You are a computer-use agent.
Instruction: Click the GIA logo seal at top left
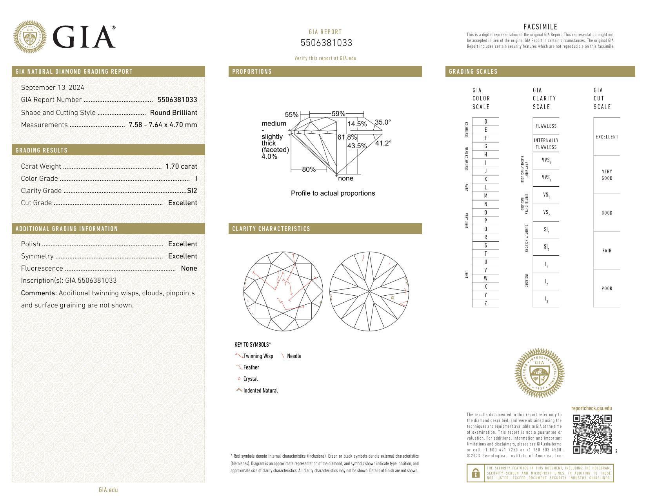(30, 37)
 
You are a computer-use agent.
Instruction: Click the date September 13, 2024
(53, 87)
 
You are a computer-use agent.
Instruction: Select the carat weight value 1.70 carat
(181, 166)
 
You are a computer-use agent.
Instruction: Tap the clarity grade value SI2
(192, 191)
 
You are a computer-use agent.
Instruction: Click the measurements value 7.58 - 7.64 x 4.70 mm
(163, 125)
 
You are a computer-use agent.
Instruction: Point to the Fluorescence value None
(189, 268)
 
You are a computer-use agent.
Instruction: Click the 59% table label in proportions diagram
(338, 114)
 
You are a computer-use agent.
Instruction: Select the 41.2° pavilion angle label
(383, 143)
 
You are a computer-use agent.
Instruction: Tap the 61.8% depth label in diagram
(347, 137)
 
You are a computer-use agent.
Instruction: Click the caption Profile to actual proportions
(333, 193)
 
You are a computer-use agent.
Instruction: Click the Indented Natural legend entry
(260, 391)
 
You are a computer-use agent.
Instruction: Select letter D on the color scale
(485, 122)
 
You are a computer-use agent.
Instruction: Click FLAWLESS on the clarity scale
(546, 126)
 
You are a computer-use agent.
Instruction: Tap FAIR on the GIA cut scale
(607, 251)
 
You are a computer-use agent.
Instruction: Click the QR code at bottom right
(592, 434)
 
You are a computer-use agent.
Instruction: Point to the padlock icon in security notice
(476, 473)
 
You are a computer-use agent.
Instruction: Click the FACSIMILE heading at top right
(540, 27)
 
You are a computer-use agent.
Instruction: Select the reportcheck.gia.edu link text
(591, 408)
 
